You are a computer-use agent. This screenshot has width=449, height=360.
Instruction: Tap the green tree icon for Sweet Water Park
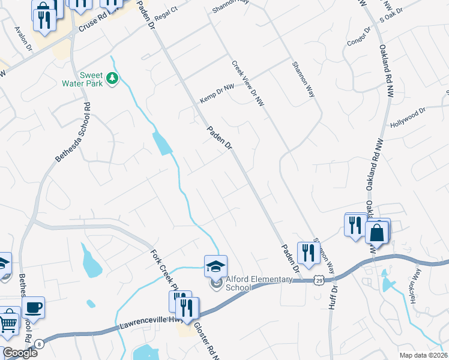pyautogui.click(x=112, y=78)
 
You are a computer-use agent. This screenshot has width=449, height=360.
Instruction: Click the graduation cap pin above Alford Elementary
pyautogui.click(x=216, y=265)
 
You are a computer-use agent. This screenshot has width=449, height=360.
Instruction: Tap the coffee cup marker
pyautogui.click(x=33, y=307)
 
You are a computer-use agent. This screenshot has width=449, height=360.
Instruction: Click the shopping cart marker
pyautogui.click(x=8, y=324)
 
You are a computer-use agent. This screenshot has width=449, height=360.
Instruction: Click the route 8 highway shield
pyautogui.click(x=40, y=344)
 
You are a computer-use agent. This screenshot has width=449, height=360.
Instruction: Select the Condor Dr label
pyautogui.click(x=360, y=37)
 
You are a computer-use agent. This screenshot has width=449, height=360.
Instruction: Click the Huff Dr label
pyautogui.click(x=333, y=299)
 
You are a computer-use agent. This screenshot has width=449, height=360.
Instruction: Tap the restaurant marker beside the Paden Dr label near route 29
pyautogui.click(x=309, y=252)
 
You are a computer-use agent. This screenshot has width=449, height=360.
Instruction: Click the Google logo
pyautogui.click(x=20, y=352)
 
